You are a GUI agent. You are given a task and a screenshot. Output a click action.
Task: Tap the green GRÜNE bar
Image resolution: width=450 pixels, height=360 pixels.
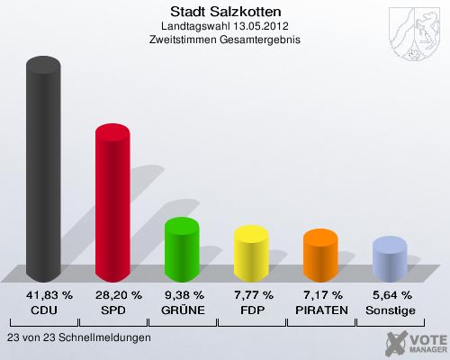coord(182,249)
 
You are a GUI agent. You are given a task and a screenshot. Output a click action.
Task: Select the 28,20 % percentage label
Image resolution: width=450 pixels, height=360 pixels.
coord(112,295)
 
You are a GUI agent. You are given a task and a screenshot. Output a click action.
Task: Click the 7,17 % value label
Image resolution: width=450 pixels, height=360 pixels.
coord(320,295)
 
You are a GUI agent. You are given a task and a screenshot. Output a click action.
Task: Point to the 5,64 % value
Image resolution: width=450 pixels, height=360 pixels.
coord(390,295)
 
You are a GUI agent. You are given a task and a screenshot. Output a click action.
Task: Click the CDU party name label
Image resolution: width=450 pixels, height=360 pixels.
coord(43,310)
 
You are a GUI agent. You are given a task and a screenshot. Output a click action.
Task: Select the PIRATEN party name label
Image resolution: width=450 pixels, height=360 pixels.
coord(320,310)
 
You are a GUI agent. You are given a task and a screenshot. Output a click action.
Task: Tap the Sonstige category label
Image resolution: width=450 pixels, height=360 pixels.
coord(390,310)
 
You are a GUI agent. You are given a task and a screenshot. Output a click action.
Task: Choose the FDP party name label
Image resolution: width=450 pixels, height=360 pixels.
coord(251,310)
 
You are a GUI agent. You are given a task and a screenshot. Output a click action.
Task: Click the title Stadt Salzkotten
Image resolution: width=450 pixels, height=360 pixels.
coord(225,12)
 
